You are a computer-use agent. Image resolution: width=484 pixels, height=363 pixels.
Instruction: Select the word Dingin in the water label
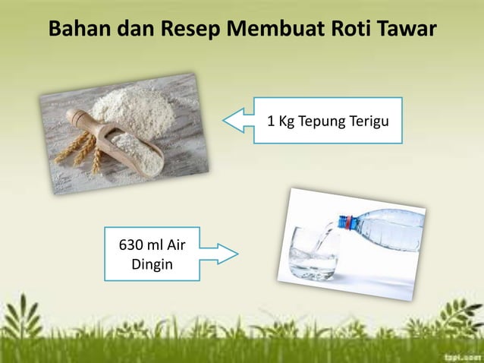click(x=152, y=266)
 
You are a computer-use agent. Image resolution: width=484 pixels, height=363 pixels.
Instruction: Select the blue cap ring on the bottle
click(x=346, y=223)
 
